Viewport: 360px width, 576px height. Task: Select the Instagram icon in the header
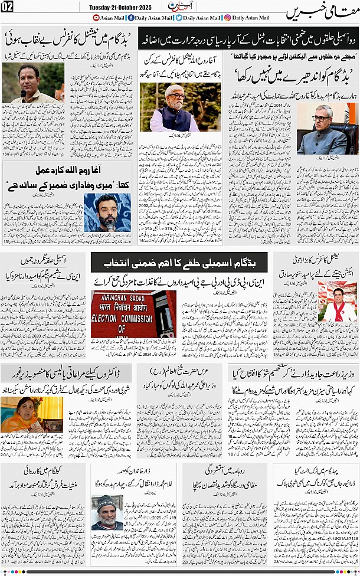pos(228,18)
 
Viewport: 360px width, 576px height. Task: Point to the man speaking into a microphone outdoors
pos(25,82)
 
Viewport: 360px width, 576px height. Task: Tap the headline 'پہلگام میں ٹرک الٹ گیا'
pos(316,470)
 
